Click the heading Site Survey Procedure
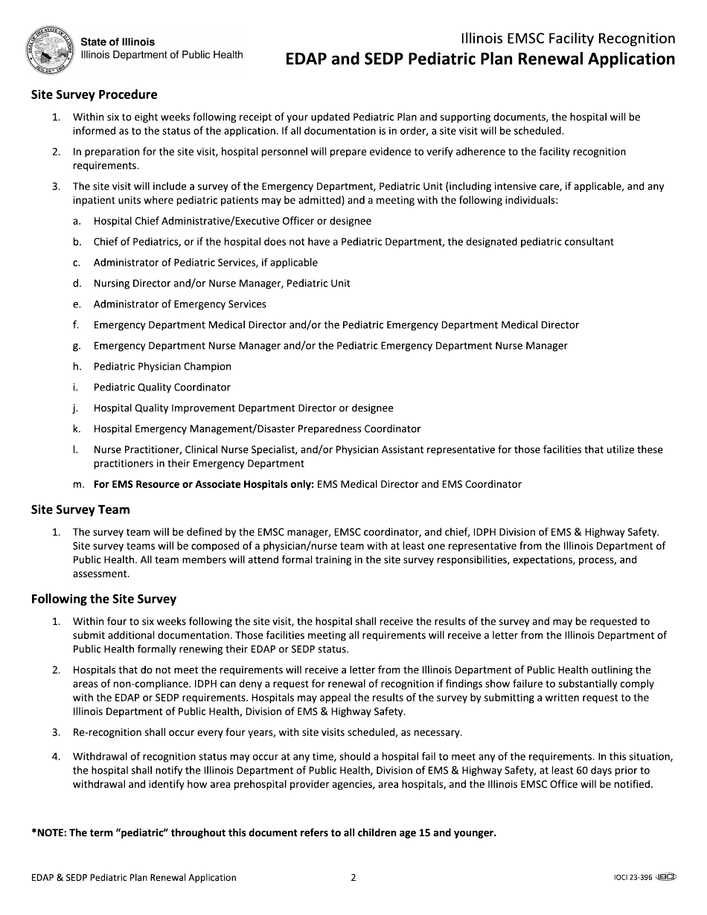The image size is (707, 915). tap(94, 94)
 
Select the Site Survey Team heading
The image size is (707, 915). tap(80, 510)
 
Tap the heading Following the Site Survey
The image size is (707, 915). tap(103, 599)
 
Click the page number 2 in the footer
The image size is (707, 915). tap(353, 878)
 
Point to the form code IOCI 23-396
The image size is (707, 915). tap(630, 878)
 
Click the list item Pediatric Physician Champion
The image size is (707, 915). tap(162, 367)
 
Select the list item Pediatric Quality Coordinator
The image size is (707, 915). tap(161, 388)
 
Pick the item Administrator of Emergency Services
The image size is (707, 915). tap(179, 304)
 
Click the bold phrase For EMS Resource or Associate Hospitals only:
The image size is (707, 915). tap(204, 484)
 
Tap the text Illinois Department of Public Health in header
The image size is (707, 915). tap(161, 55)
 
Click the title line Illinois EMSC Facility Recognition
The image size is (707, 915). tap(568, 39)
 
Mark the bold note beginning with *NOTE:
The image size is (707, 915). tap(263, 832)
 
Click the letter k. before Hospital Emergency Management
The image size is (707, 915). tap(77, 429)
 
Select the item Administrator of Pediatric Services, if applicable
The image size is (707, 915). tap(205, 263)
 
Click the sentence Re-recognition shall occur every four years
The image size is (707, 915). tap(267, 733)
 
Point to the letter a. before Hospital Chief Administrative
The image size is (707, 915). tap(77, 221)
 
